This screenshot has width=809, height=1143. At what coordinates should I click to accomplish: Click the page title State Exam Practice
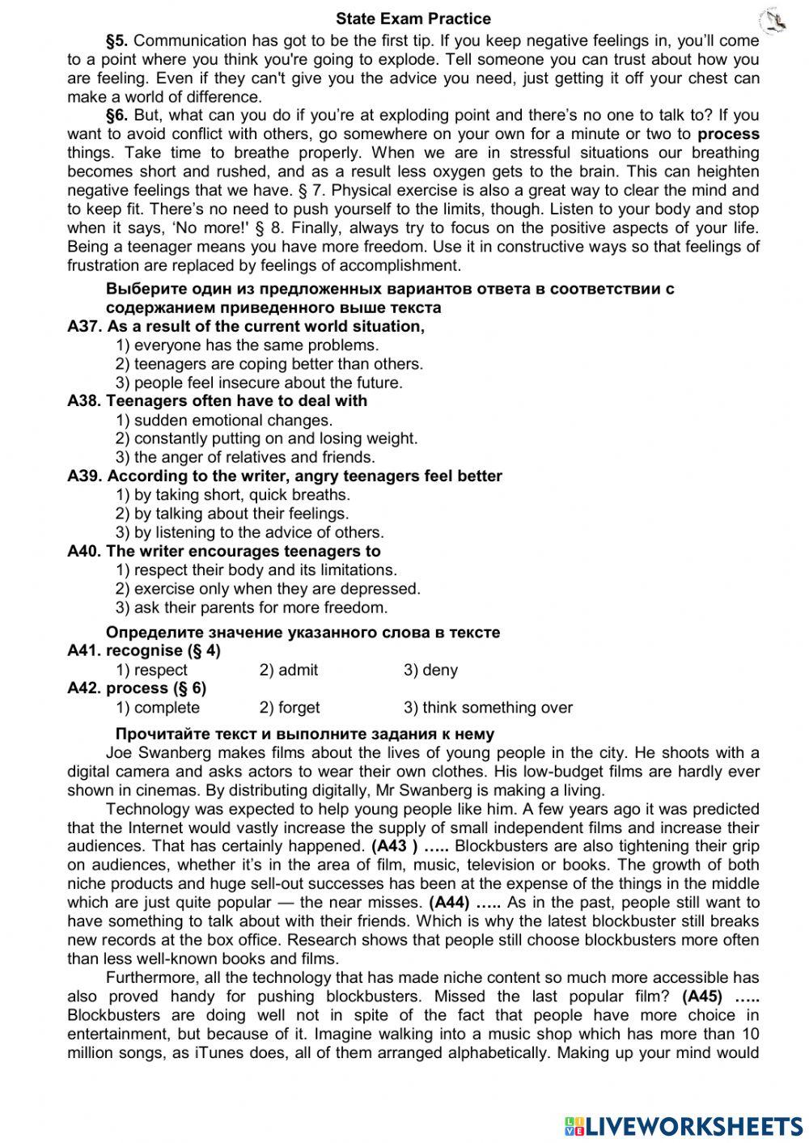[x=413, y=19]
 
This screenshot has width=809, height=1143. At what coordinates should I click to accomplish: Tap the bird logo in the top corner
[x=773, y=22]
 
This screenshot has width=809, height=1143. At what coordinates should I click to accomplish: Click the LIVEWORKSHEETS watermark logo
[x=684, y=1124]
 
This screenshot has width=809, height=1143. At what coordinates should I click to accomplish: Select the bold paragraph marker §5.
[x=117, y=40]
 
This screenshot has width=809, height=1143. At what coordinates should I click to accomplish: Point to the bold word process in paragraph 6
[x=728, y=134]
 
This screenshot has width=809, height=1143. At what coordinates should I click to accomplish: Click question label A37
[x=84, y=327]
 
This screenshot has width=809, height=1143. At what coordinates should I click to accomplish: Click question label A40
[x=84, y=552]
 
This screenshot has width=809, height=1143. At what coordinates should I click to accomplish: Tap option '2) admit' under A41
[x=289, y=670]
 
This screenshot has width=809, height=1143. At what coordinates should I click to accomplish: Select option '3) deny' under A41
[x=430, y=670]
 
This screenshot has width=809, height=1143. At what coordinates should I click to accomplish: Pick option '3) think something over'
[x=488, y=708]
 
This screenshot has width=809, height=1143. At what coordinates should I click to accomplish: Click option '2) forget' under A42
[x=290, y=708]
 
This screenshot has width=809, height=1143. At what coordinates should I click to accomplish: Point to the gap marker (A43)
[x=395, y=847]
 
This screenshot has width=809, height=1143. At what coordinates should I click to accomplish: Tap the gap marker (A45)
[x=702, y=997]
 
